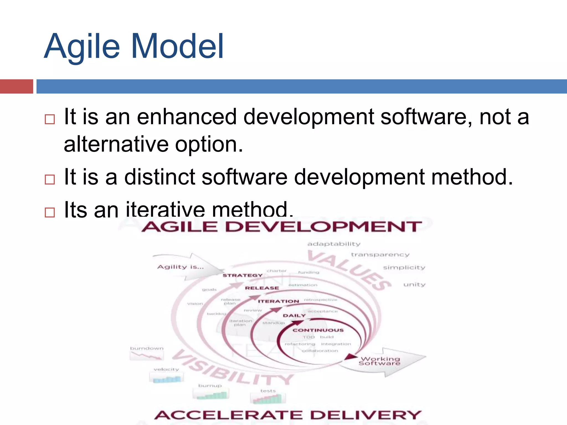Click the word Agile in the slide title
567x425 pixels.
pos(82,46)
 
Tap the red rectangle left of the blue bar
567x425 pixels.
pos(16,86)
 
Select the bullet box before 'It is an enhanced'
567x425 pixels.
pos(50,119)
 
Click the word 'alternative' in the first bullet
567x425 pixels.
pos(116,144)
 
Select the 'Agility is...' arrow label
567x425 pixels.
pos(181,267)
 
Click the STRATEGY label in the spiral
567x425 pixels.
pos(243,275)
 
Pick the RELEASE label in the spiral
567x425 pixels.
pos(262,288)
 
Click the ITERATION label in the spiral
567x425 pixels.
pos(279,301)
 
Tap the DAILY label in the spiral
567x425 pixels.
pos(294,316)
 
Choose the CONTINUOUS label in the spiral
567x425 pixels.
pos(318,330)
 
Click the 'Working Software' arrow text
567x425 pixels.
pos(380,361)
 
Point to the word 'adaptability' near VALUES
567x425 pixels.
pos(334,244)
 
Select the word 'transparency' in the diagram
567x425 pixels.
pos(380,255)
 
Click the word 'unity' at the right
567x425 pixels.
pos(414,285)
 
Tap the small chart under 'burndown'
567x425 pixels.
pos(147,356)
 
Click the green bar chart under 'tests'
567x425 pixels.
pos(268,399)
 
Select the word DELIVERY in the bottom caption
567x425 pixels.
pos(365,415)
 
